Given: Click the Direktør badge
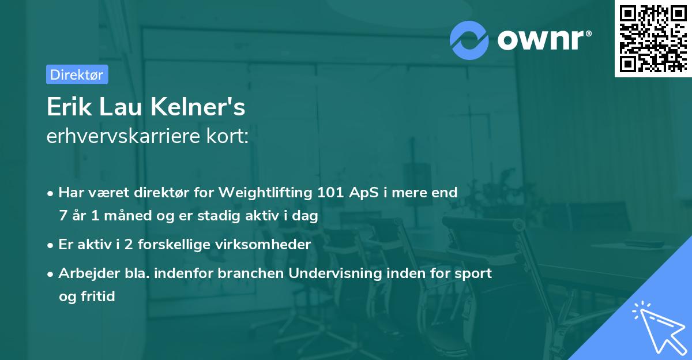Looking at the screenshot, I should click(77, 74).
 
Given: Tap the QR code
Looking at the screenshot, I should click(653, 38).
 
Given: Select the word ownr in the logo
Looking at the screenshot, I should click(543, 39).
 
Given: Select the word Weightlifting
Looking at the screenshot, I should click(269, 193).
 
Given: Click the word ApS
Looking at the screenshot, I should click(363, 193).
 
